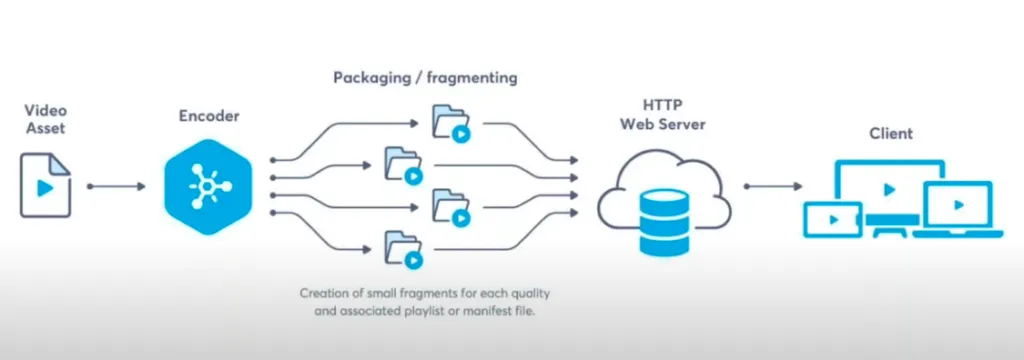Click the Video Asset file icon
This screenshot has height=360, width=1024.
coord(45,185)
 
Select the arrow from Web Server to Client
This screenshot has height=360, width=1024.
coord(773,186)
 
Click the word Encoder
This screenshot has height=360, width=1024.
coord(208,117)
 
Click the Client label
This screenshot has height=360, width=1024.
coord(890,133)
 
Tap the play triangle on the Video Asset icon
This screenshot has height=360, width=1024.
coord(45,187)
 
